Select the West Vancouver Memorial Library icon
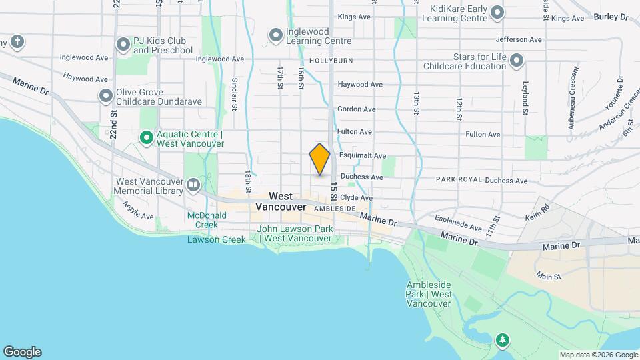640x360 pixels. [193, 184]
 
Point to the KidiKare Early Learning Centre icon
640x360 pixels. [497, 12]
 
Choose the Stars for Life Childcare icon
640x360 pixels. [516, 61]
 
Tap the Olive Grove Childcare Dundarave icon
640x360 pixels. [105, 97]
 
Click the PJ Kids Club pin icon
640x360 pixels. [123, 45]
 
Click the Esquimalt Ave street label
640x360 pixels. [362, 155]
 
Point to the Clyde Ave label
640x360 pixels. [356, 198]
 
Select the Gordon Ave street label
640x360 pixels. [357, 109]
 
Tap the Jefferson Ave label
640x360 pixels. [518, 40]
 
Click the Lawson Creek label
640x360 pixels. [212, 239]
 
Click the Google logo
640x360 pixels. [22, 352]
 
